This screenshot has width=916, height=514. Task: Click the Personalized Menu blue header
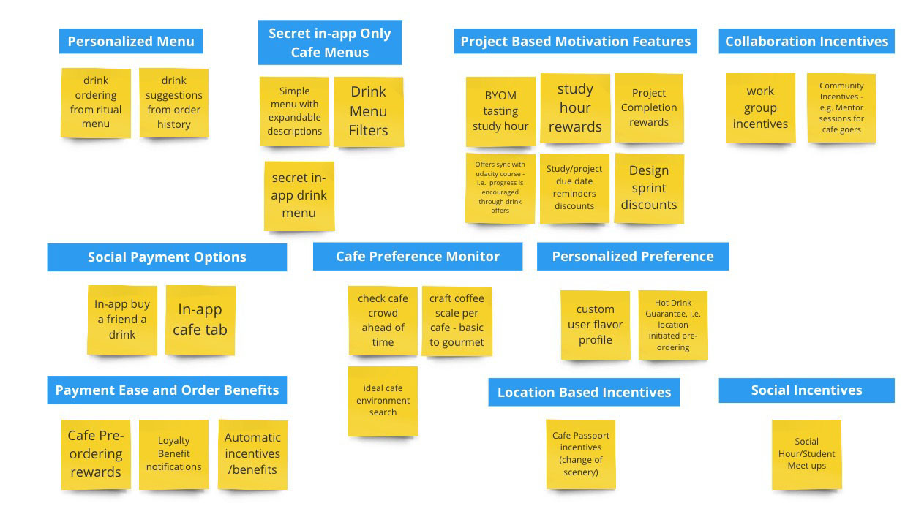click(131, 41)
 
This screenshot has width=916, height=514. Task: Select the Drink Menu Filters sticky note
click(369, 111)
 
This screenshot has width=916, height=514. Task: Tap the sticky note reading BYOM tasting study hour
click(500, 111)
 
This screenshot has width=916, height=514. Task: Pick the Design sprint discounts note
click(649, 188)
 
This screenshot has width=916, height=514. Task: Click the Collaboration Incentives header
click(806, 41)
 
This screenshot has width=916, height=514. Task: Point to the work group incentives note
click(761, 108)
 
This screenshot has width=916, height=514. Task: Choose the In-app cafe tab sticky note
click(200, 320)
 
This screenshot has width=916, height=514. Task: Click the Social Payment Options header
click(167, 257)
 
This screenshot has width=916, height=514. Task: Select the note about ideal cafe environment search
click(383, 401)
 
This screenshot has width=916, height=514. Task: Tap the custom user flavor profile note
click(596, 325)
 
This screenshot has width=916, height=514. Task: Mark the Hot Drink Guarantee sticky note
click(673, 325)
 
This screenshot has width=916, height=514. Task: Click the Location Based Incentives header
click(584, 392)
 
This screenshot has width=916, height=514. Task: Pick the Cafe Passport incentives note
click(581, 454)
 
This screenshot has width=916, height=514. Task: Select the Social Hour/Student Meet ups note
click(807, 454)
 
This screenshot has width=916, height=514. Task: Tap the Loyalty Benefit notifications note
click(174, 454)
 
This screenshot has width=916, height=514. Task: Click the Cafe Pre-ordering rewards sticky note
click(96, 454)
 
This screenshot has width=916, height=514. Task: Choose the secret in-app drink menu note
click(299, 196)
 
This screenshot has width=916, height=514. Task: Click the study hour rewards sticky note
click(575, 108)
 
